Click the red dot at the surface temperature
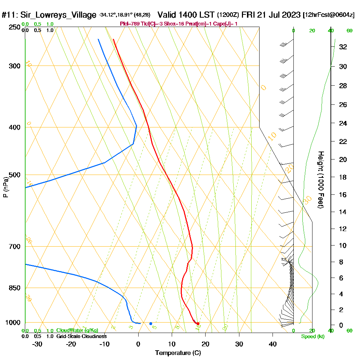click(x=198, y=323)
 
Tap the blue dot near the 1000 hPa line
click(x=150, y=323)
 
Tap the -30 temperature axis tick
click(x=37, y=343)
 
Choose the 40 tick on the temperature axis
click(x=273, y=343)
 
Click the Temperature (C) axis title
click(x=178, y=353)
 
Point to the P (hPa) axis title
click(x=5, y=187)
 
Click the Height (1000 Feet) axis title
click(x=320, y=180)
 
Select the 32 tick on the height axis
click(x=343, y=47)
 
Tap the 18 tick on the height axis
click(x=343, y=177)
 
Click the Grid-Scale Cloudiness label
click(x=81, y=336)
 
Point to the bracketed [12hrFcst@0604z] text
click(x=329, y=15)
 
